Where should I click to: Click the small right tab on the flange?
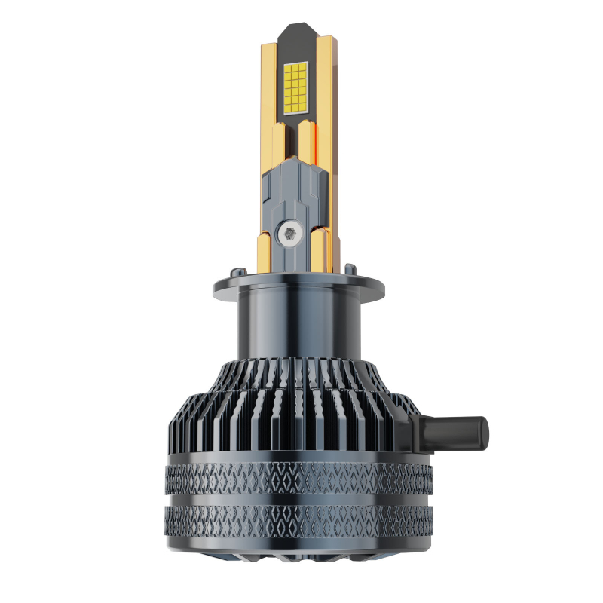tap(350, 268)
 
